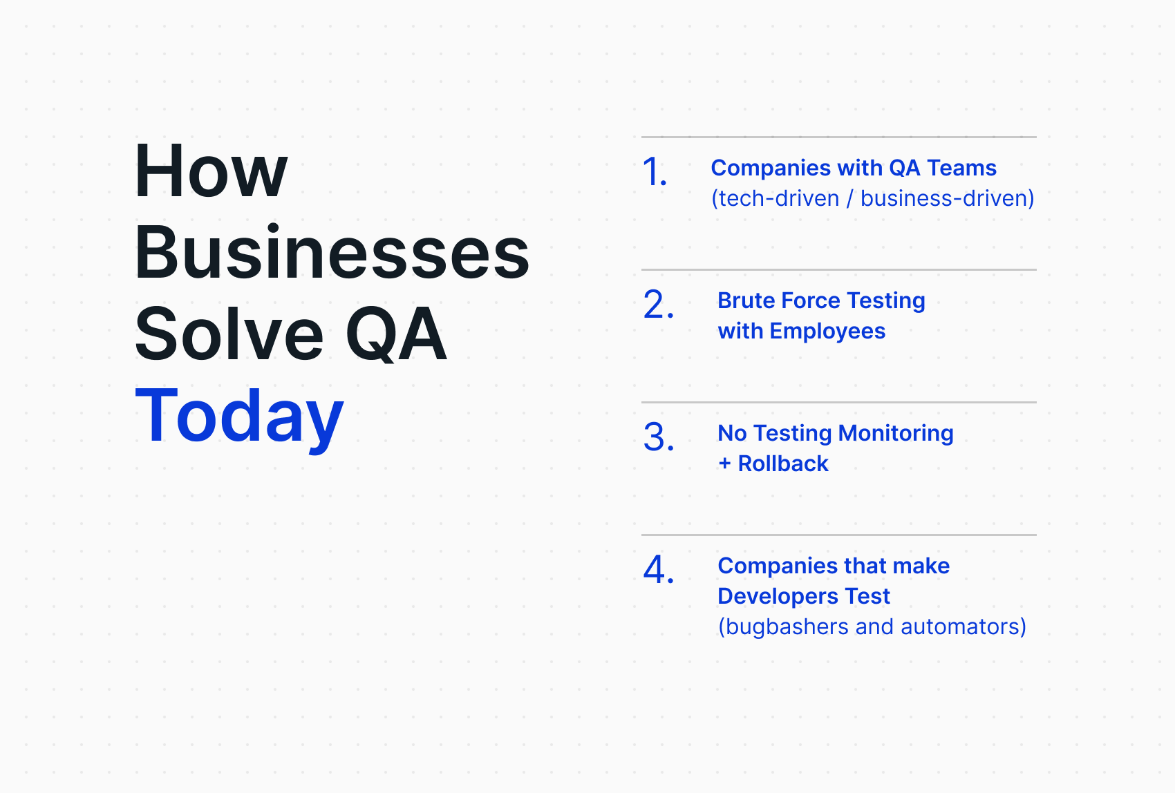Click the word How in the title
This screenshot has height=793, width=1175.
[211, 171]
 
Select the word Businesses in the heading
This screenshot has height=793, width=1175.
[332, 253]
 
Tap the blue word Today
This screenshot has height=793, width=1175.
[239, 416]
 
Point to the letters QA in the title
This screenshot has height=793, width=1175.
[396, 334]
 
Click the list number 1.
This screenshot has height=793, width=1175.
[654, 172]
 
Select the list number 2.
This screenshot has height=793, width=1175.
[658, 305]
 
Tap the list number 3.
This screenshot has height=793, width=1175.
[658, 437]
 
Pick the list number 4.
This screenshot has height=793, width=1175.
[658, 570]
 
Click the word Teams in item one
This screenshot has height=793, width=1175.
[961, 168]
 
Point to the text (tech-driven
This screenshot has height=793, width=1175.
[775, 198]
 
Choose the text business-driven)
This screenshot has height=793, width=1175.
[947, 198]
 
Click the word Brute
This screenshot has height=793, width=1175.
[744, 300]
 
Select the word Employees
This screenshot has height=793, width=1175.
[827, 331]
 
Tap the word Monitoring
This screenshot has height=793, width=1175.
[896, 433]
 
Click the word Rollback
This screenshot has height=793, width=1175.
[783, 464]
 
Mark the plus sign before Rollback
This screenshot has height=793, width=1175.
[724, 464]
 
